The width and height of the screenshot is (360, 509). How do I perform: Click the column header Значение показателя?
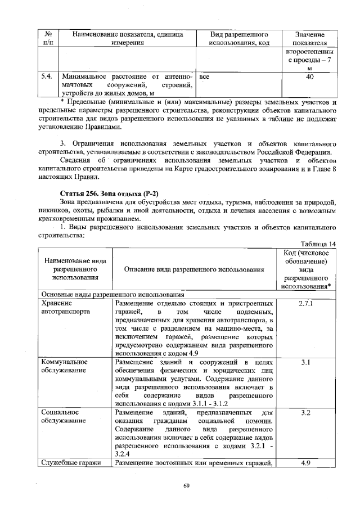click(309, 38)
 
